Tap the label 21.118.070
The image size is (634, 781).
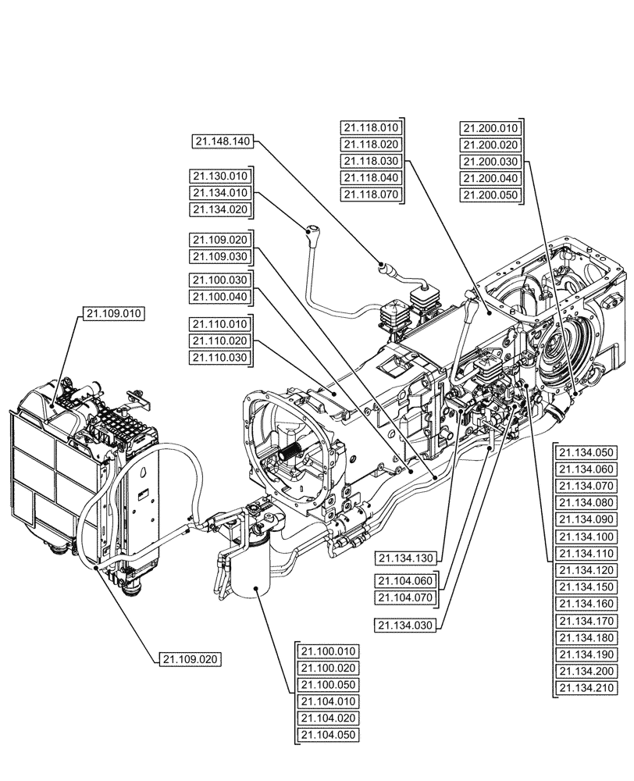(371, 194)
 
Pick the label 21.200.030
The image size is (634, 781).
(490, 162)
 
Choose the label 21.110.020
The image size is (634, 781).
(219, 341)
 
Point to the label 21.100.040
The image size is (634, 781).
(219, 297)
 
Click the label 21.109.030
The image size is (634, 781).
(219, 257)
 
